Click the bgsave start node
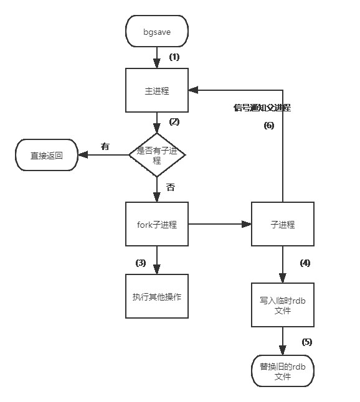point(157,31)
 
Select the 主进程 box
point(157,91)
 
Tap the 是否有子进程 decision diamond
point(157,154)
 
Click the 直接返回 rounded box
point(47,155)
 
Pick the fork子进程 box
point(157,225)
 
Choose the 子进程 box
point(283,225)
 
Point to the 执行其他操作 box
point(157,296)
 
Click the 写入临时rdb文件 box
point(283,306)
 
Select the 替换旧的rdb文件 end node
point(283,371)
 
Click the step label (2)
point(174,121)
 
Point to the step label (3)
point(141,263)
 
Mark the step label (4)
point(305,263)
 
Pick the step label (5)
point(307,342)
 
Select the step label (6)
point(268,126)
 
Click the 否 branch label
point(170,187)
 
